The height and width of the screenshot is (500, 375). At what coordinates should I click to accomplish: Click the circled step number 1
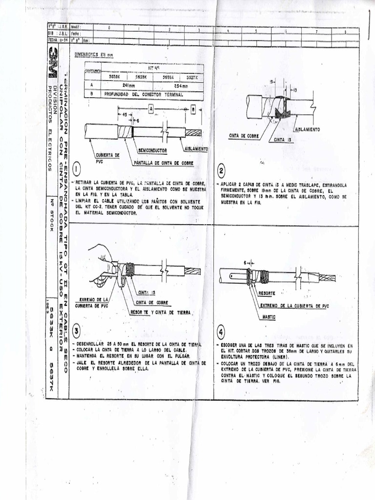77,169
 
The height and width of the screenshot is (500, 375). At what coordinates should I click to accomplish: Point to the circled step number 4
222,332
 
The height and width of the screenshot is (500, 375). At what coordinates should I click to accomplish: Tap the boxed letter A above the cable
151,110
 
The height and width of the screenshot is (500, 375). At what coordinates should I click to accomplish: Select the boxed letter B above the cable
193,110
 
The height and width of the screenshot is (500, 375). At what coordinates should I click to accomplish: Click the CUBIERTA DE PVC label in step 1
107,157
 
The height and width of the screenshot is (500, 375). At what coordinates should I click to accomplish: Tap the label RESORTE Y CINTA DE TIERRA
161,312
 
